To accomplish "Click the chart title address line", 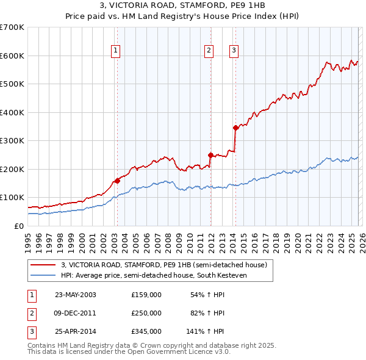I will coord(183,5).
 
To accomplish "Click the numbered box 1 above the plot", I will coord(116,51).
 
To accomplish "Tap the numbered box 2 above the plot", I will coord(209,51).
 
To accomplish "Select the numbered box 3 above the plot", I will coord(234,51).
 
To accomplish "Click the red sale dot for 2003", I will coord(117,181).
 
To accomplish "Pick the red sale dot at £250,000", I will coord(210,155).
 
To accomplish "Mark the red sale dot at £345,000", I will coord(235,128).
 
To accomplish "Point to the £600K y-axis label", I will coord(12,56).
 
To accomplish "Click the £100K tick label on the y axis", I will coord(12,198).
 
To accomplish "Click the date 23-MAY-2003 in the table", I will coord(76,295).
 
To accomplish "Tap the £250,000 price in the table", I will coord(146,313).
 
